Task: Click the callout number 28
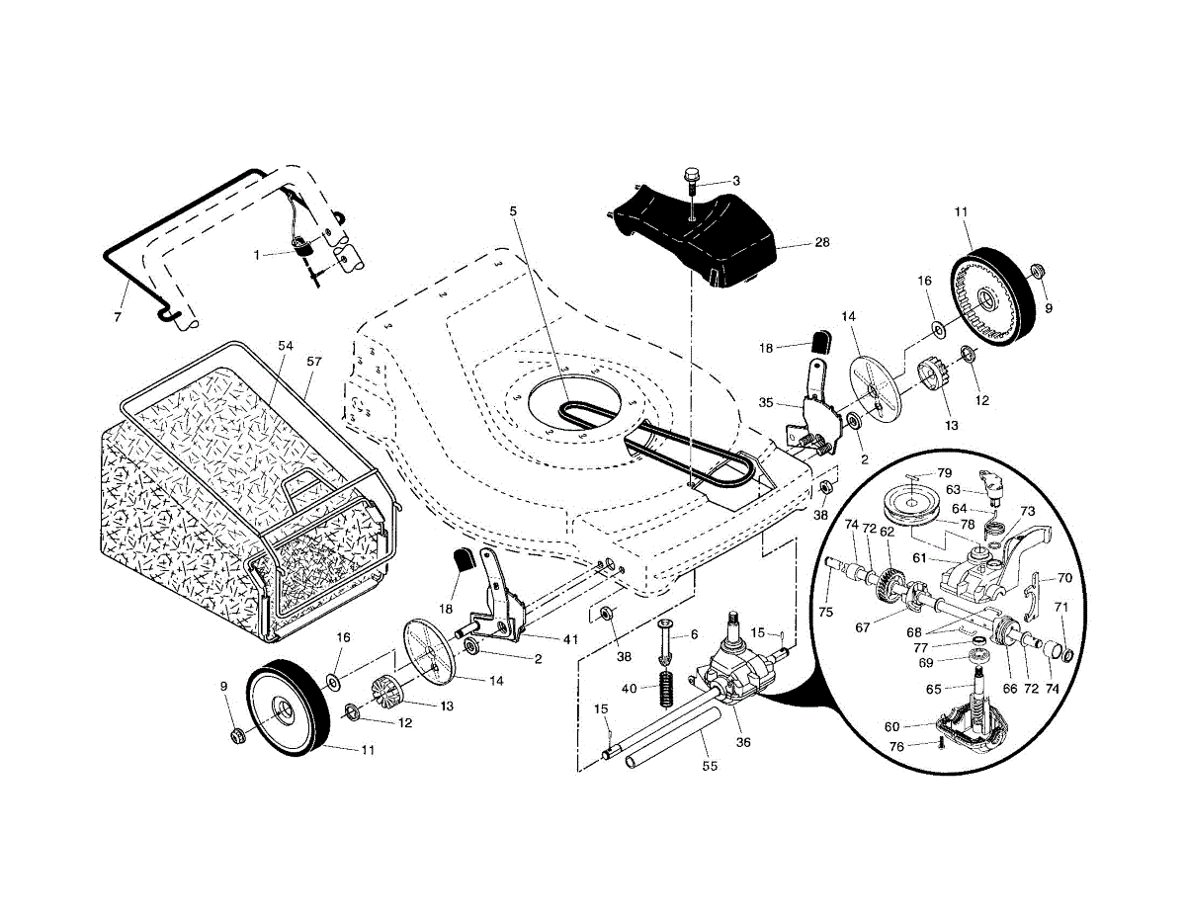(822, 242)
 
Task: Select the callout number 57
(314, 362)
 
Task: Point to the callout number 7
(118, 317)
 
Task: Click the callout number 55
(710, 766)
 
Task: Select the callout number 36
(743, 742)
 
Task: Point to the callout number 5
(513, 210)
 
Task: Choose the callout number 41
(570, 639)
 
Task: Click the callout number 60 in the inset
(891, 727)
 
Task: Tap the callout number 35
(766, 403)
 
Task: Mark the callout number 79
(944, 473)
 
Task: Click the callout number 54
(286, 346)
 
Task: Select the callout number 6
(694, 634)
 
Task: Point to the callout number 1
(257, 255)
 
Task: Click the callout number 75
(826, 613)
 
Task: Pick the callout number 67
(863, 627)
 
